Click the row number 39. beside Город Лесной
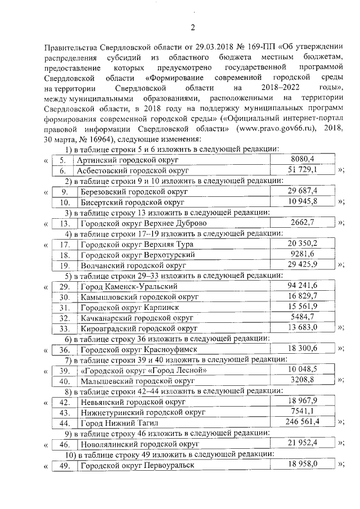[x=65, y=370]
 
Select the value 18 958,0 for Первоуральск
[x=303, y=464]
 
